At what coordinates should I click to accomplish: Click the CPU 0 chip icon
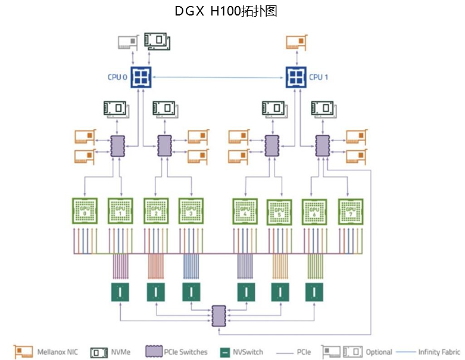(x=141, y=76)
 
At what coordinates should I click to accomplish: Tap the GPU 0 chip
(x=85, y=210)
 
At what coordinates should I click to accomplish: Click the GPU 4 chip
(x=245, y=210)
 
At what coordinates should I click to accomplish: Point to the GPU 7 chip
(x=351, y=210)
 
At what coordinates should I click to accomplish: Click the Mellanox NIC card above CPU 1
(x=297, y=42)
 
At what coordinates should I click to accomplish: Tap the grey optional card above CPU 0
(x=128, y=42)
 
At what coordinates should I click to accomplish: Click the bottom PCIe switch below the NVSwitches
(x=219, y=314)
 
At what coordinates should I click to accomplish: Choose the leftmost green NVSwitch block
(x=121, y=292)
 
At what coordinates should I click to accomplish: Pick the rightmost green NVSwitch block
(x=315, y=292)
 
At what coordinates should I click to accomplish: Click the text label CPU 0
(x=117, y=76)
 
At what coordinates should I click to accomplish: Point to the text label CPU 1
(x=319, y=76)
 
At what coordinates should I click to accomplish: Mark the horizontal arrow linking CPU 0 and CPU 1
(x=218, y=76)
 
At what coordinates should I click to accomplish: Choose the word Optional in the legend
(x=379, y=352)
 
